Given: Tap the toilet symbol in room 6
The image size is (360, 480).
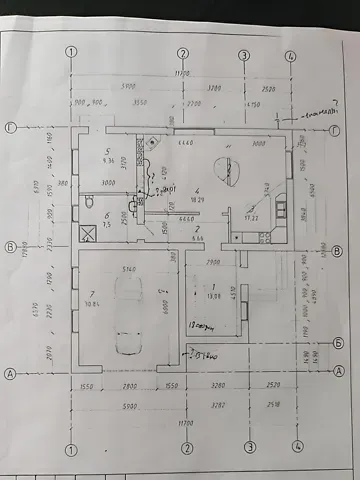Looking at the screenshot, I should coord(90,203).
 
